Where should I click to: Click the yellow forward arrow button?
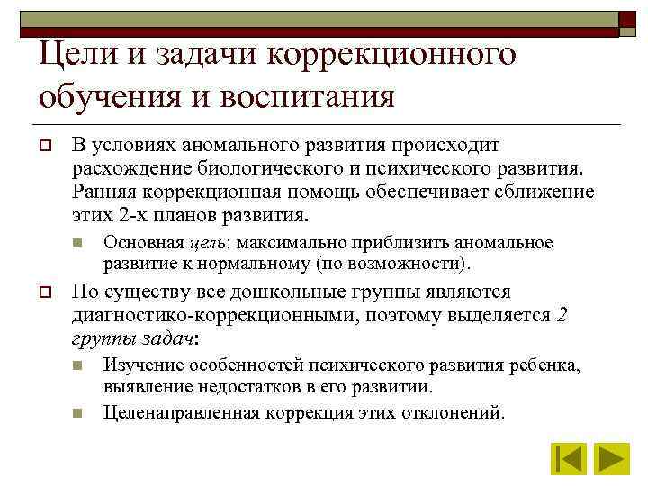coord(613,459)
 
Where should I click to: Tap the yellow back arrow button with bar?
coord(568,459)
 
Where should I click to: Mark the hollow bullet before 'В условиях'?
coord(44,146)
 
